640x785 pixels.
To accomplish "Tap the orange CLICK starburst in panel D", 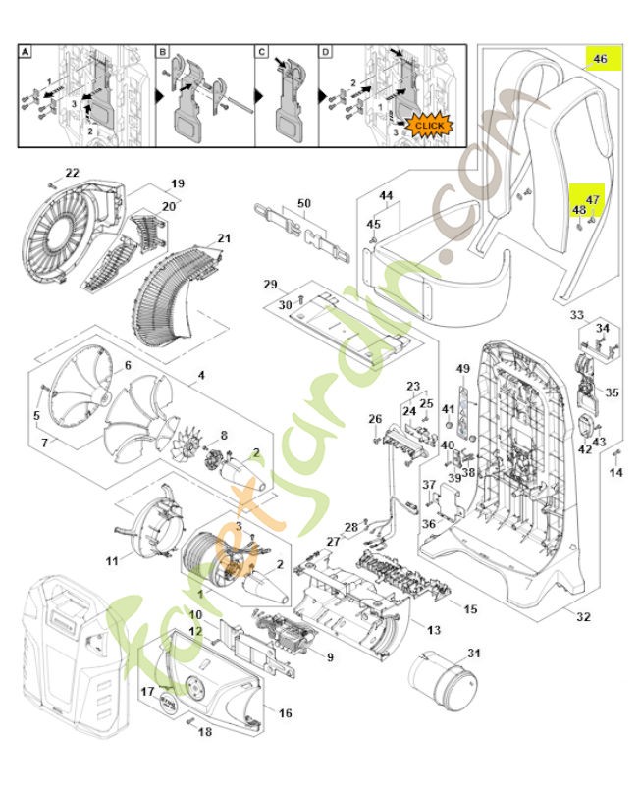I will (430, 126).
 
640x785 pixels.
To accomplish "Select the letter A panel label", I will (27, 52).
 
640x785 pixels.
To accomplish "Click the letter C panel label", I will (262, 52).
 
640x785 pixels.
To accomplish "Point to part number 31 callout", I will (475, 654).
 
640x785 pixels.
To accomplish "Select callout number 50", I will (304, 203).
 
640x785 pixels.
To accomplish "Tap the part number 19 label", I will (178, 183).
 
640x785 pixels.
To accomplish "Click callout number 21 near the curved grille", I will (224, 238).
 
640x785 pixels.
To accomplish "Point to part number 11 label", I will (112, 560).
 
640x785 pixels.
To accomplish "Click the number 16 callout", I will (285, 712).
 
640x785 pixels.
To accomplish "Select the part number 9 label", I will (330, 656).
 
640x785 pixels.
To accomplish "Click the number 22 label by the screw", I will (72, 174).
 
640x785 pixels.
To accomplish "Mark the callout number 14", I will (616, 473).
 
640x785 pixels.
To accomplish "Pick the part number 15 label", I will (470, 609).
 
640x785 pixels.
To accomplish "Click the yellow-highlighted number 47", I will (592, 200).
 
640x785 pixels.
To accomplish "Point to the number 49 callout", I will (463, 368).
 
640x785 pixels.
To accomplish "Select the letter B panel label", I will (163, 52).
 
